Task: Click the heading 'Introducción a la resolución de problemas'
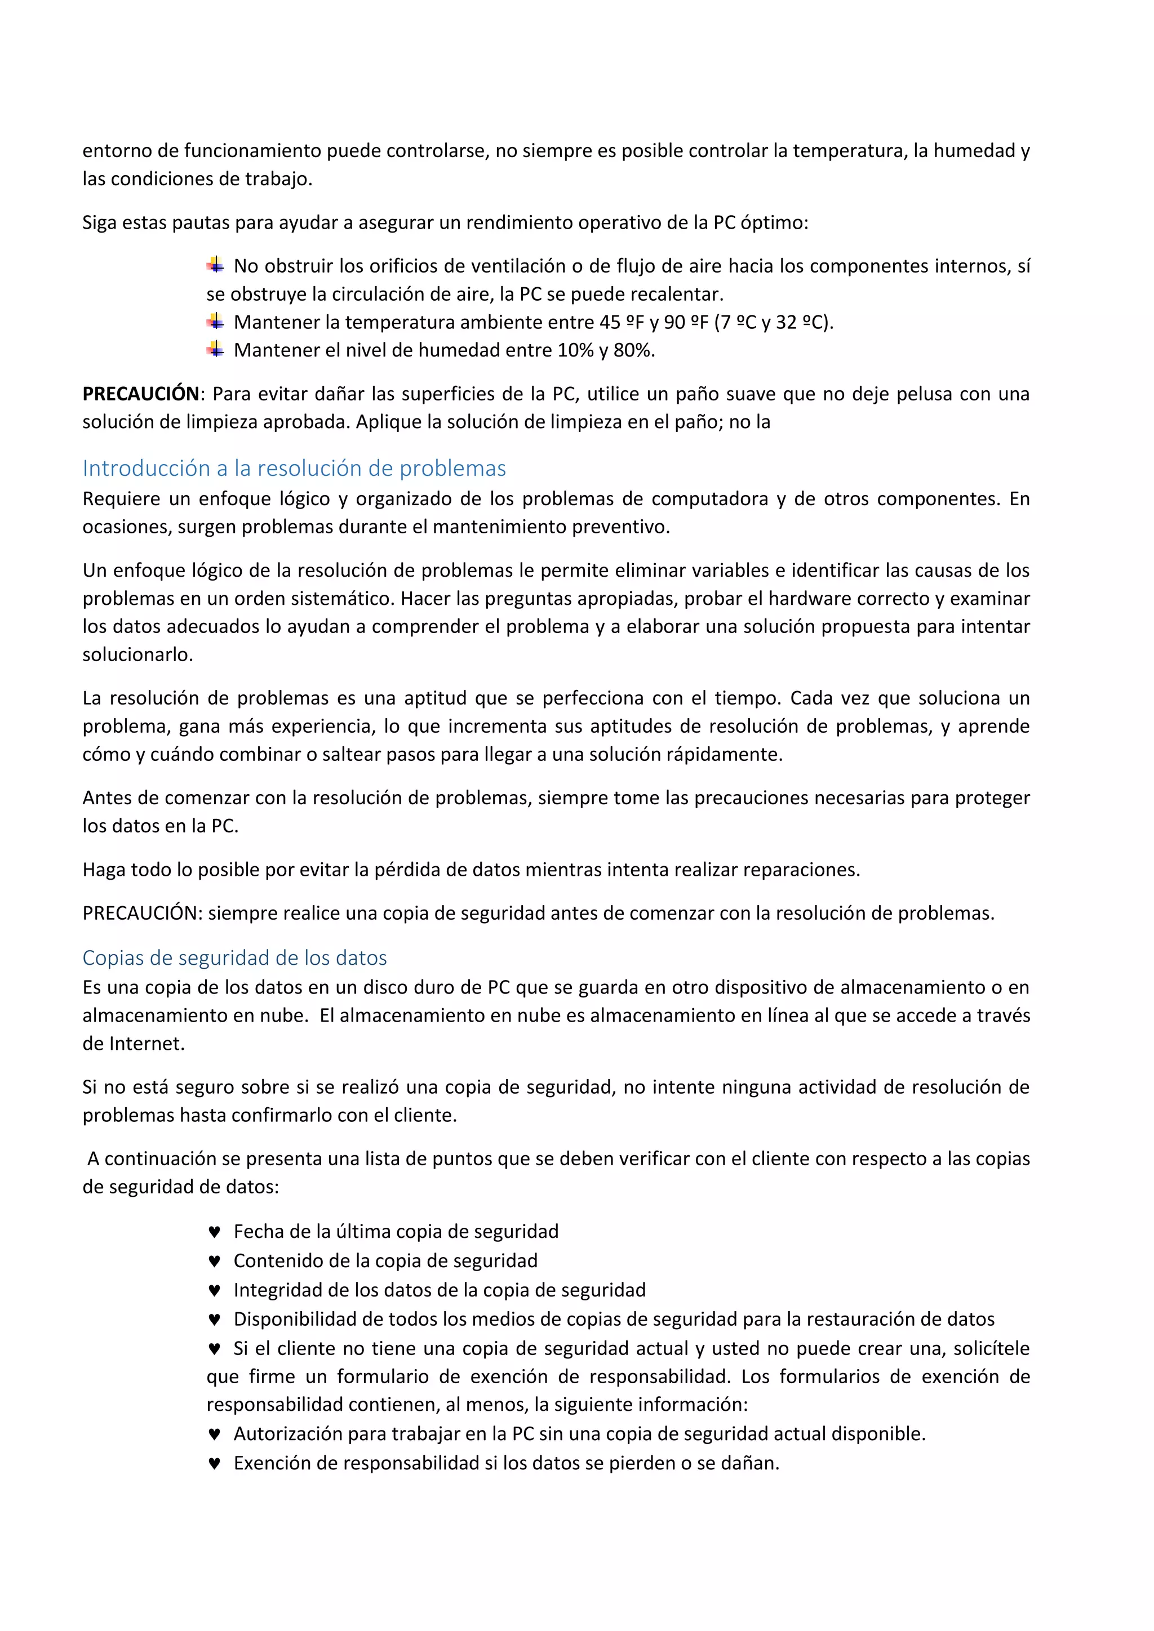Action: pyautogui.click(x=294, y=468)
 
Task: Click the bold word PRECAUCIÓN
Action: pyautogui.click(x=141, y=394)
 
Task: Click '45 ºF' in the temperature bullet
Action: pyautogui.click(x=621, y=323)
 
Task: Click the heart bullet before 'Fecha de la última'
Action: pyautogui.click(x=214, y=1232)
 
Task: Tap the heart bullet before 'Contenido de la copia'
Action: pyautogui.click(x=214, y=1261)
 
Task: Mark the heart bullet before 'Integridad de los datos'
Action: pyautogui.click(x=214, y=1290)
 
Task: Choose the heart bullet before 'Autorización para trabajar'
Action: pyautogui.click(x=214, y=1434)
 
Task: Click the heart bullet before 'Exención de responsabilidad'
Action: pyautogui.click(x=214, y=1463)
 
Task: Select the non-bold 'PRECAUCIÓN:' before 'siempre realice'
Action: pyautogui.click(x=143, y=913)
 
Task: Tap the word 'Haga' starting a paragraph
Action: pyautogui.click(x=104, y=870)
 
